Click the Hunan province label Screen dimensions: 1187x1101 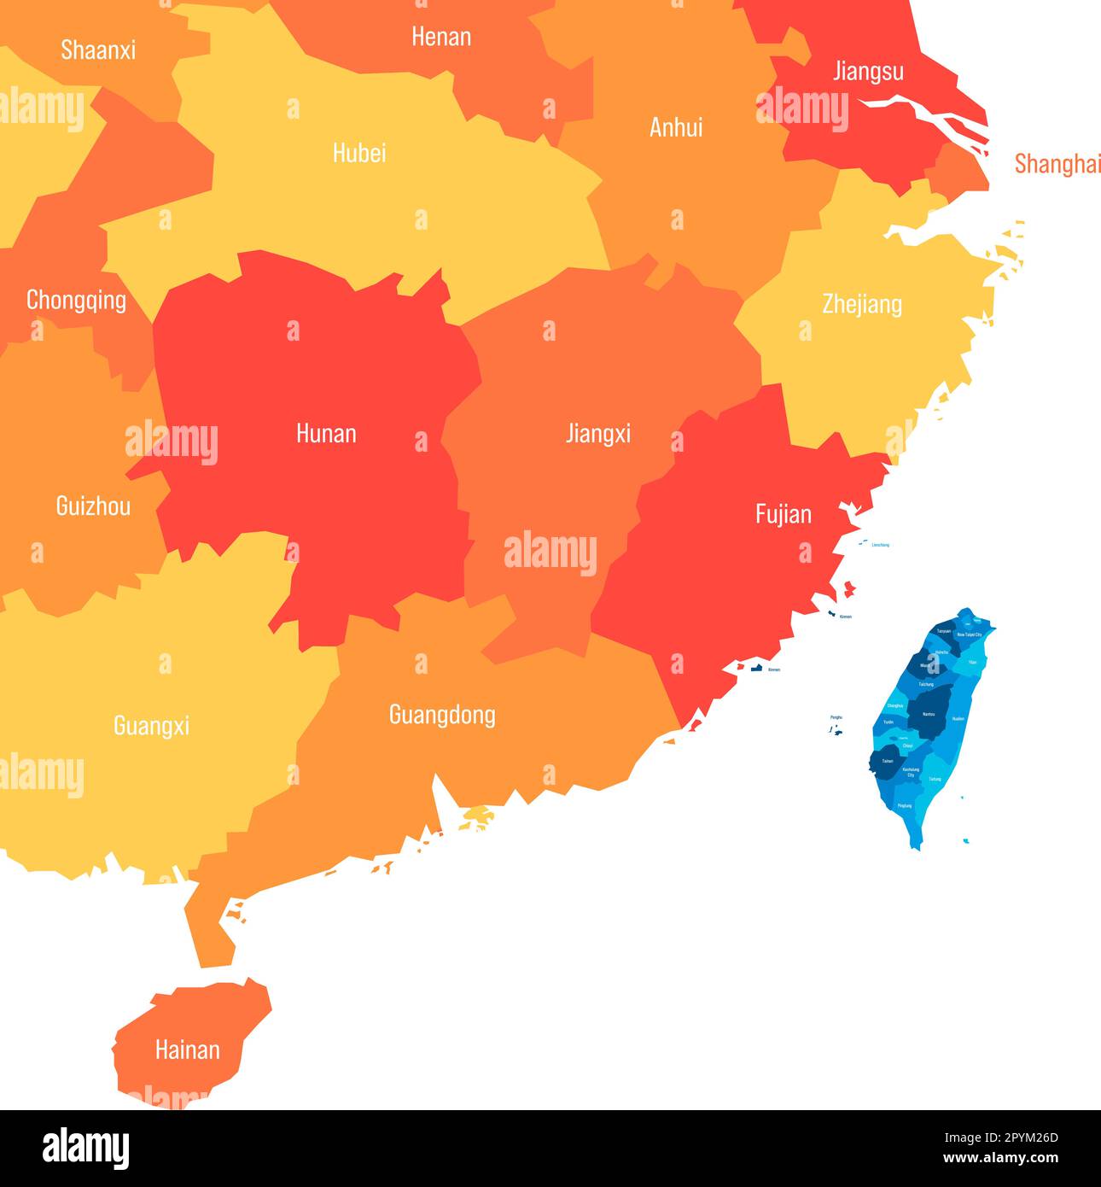(326, 434)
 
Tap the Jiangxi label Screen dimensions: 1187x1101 (597, 434)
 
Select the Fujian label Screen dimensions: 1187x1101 (783, 514)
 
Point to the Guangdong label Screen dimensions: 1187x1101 (442, 715)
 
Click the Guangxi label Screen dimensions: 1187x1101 (151, 726)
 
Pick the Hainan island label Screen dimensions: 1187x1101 (187, 1050)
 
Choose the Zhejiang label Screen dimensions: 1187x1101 (862, 304)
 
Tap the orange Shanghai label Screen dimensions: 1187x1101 (1057, 164)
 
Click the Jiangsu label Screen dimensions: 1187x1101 (868, 71)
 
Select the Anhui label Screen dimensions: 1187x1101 (676, 127)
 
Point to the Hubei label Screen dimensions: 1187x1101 (359, 153)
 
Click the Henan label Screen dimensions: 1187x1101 (441, 37)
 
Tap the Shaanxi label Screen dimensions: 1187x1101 (98, 50)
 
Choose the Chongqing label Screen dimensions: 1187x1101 (76, 301)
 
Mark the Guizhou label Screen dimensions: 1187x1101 (93, 506)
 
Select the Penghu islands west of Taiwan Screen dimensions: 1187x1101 (836, 729)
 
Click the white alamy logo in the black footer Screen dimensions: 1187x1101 (85, 1149)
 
